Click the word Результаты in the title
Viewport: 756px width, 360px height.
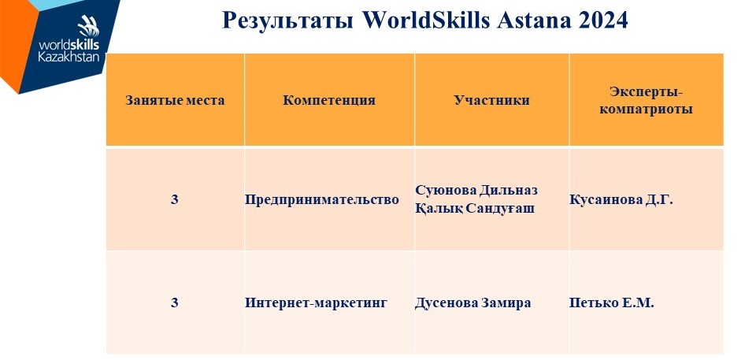[x=287, y=20]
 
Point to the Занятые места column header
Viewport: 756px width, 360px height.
[x=175, y=100]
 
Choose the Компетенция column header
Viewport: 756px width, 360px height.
[x=329, y=100]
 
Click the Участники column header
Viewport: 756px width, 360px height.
[x=491, y=100]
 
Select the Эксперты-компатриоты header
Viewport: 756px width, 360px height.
[x=647, y=100]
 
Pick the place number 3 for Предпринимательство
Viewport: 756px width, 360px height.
[x=175, y=199]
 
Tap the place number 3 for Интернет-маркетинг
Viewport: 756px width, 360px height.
[x=175, y=303]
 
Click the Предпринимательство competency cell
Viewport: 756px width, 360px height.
[x=322, y=200]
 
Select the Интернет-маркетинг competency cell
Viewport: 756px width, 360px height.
[x=317, y=303]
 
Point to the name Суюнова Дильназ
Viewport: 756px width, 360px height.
[x=476, y=190]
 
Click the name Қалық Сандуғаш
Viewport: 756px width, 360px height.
[x=475, y=210]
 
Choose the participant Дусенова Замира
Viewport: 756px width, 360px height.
[x=473, y=303]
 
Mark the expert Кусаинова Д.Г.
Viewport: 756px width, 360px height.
[x=621, y=200]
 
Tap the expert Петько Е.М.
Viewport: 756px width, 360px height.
[x=612, y=303]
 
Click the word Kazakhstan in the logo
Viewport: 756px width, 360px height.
[x=69, y=57]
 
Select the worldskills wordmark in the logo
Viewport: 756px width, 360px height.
[x=69, y=45]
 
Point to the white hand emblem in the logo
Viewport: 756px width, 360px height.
[x=89, y=25]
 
